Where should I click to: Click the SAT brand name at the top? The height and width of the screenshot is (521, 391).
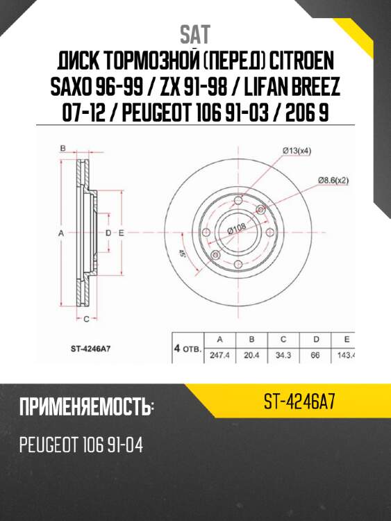pos(195,34)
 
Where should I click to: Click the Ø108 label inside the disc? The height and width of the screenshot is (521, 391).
pos(238,228)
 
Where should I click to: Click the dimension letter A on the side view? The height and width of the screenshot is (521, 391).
pos(61,234)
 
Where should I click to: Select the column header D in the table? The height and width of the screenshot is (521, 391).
pos(315,340)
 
